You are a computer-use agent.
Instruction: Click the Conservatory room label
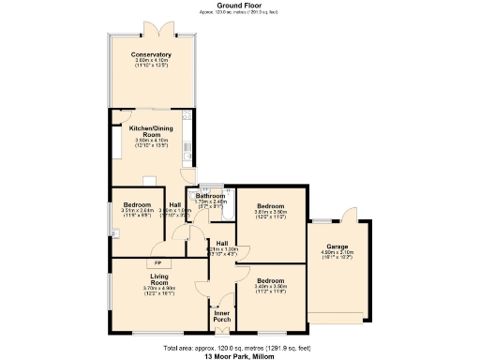coord(151,54)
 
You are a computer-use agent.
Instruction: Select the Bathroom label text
coord(210,195)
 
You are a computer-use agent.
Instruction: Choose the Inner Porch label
coord(221,316)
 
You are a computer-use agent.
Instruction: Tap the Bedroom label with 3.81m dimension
coord(270,205)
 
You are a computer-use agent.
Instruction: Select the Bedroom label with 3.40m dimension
coord(270,280)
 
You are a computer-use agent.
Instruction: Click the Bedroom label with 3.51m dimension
coord(134,205)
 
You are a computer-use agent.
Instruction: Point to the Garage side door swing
coord(349,212)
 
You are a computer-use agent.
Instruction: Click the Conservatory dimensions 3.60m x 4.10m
coord(151,61)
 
